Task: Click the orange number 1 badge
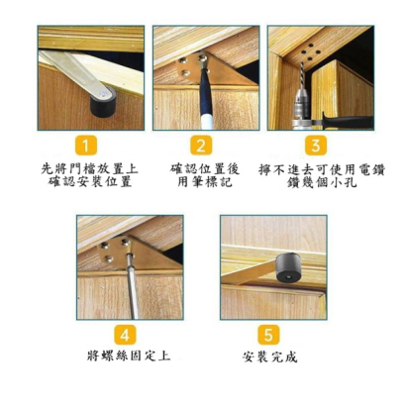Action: point(86,146)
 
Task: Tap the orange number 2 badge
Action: point(201,146)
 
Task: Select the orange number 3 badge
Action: point(316,146)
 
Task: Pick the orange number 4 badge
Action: point(125,336)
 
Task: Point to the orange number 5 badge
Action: point(268,336)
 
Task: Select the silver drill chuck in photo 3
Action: point(301,107)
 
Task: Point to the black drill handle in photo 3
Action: point(347,120)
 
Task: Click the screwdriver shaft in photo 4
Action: point(132,287)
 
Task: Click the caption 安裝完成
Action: point(269,357)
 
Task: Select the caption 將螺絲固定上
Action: point(129,355)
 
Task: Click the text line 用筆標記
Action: point(205,182)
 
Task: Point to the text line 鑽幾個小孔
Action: point(322,182)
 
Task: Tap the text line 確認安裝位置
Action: point(90,182)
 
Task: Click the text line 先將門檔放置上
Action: point(90,169)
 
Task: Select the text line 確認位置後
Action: point(205,169)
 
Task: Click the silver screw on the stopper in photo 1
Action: point(104,94)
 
